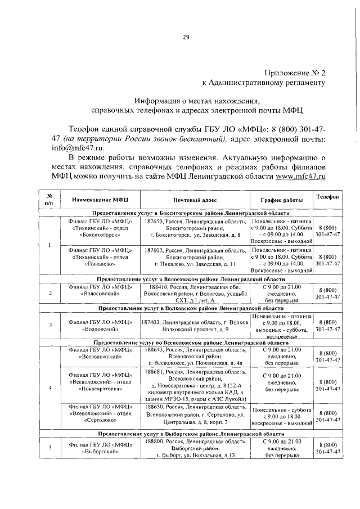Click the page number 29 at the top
click(x=186, y=37)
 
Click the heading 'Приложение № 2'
click(x=294, y=73)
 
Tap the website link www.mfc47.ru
click(x=301, y=177)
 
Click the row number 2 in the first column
click(x=51, y=293)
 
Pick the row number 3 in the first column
click(x=51, y=325)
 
